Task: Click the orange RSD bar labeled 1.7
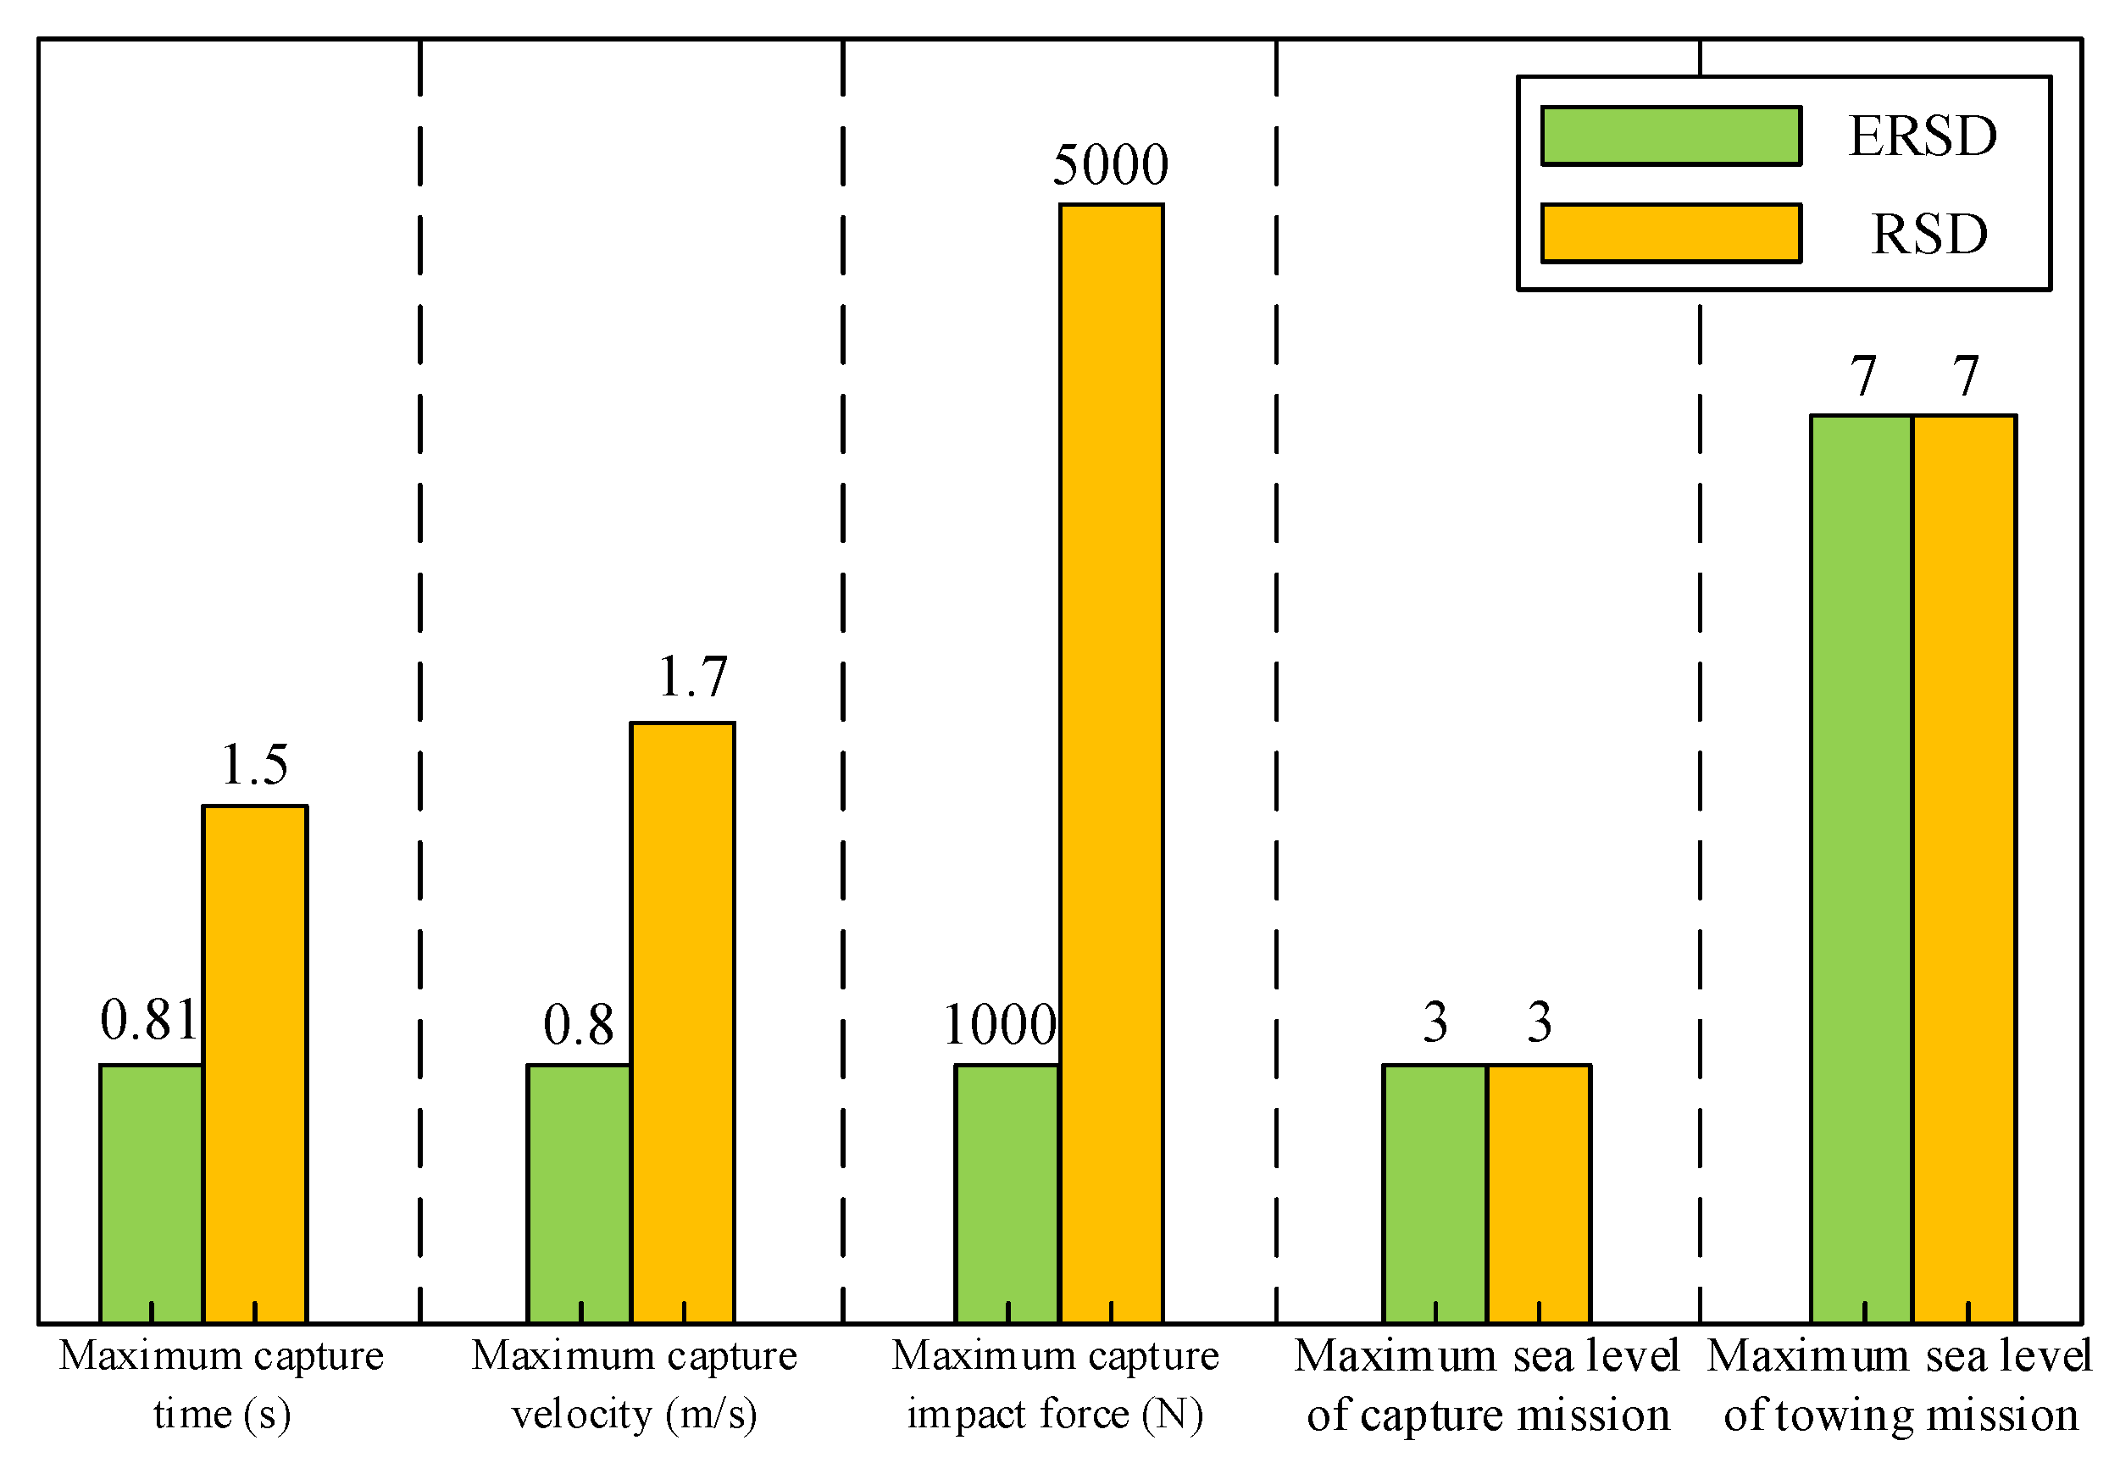[x=683, y=1022]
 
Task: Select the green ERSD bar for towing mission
[x=1862, y=868]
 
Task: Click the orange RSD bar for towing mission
[x=1965, y=868]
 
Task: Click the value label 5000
[x=1110, y=165]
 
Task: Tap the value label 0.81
[x=149, y=1020]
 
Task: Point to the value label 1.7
[x=693, y=678]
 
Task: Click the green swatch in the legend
[x=1671, y=136]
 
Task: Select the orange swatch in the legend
[x=1671, y=234]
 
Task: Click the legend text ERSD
[x=1923, y=136]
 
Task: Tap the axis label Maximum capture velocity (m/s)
[x=635, y=1385]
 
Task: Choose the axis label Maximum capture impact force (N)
[x=1056, y=1385]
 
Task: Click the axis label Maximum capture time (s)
[x=222, y=1385]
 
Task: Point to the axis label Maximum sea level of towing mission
[x=1900, y=1385]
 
